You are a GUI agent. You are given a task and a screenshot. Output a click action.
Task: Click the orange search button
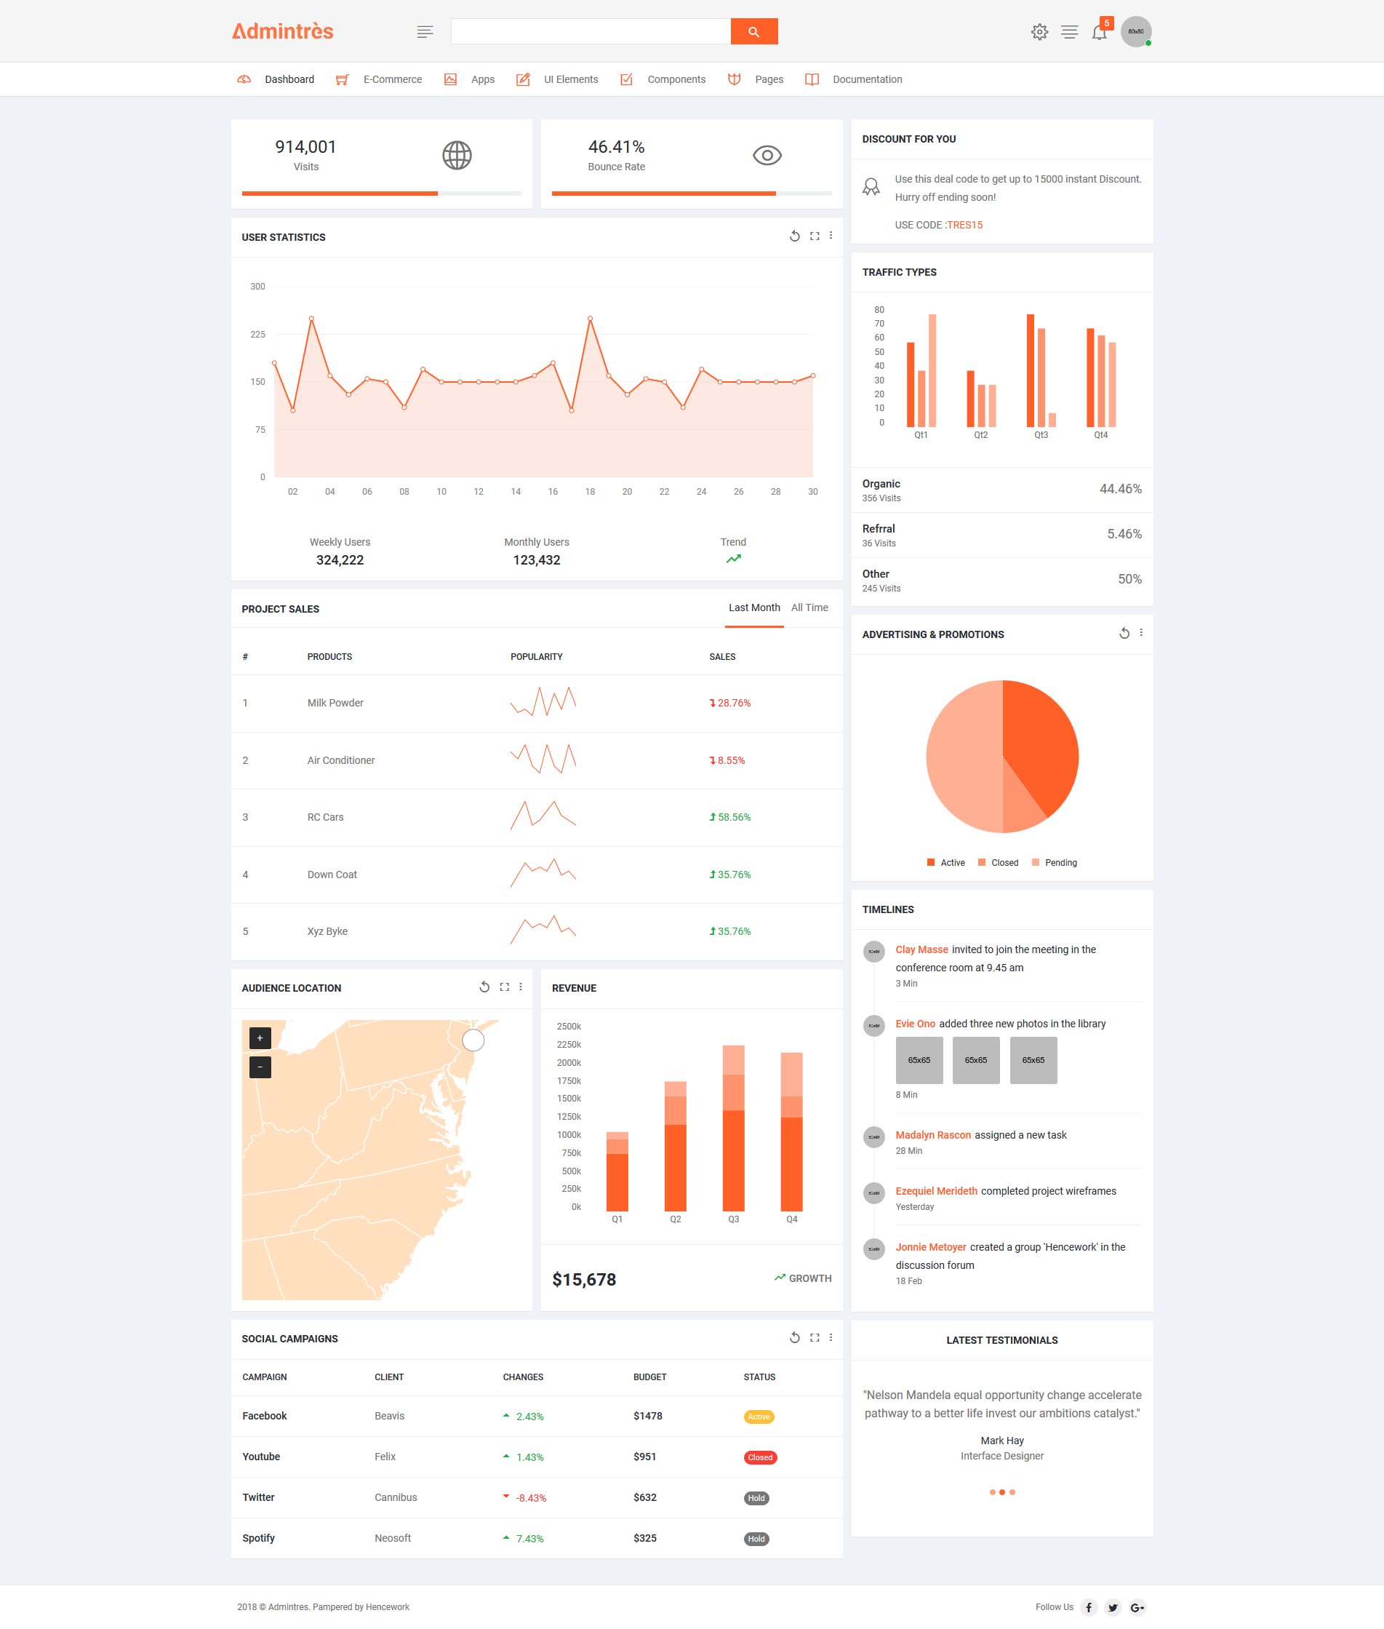753,31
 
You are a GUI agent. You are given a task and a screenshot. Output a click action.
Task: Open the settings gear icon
1039,32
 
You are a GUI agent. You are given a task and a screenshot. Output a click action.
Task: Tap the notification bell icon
1099,32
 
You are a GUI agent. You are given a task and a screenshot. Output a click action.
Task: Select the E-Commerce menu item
392,79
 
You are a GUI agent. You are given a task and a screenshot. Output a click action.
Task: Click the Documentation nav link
867,79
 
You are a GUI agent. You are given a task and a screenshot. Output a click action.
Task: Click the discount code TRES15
964,226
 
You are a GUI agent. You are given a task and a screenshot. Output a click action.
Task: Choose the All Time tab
809,608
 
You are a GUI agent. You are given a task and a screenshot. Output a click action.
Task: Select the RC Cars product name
326,817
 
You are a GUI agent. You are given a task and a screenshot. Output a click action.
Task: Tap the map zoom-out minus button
260,1067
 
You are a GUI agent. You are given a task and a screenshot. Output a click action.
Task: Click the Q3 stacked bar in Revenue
733,1128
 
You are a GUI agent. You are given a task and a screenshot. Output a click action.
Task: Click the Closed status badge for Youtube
759,1457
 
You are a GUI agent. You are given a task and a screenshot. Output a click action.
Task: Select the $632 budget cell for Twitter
645,1497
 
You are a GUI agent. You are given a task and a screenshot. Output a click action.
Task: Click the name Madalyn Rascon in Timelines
933,1135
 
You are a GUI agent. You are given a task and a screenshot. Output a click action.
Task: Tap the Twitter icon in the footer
1113,1607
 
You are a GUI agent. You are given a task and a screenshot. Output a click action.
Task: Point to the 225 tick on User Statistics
257,334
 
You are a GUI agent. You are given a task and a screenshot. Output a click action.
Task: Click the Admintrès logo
282,31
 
